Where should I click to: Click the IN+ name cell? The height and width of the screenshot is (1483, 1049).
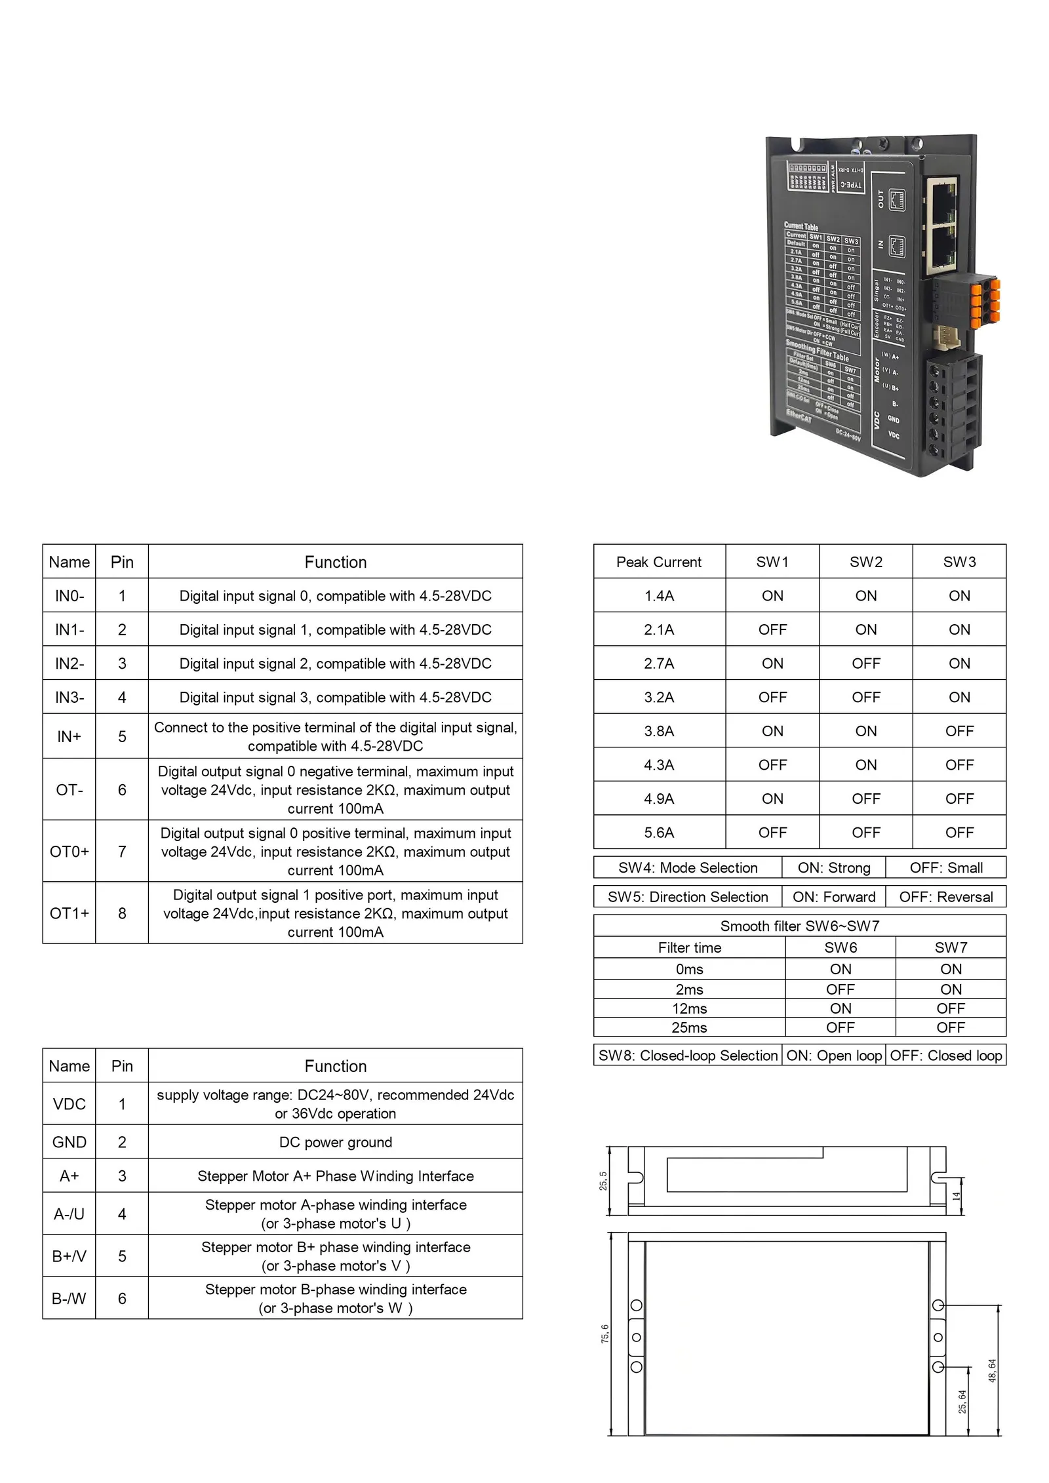(x=69, y=736)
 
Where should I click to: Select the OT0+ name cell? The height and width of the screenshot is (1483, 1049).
(x=69, y=852)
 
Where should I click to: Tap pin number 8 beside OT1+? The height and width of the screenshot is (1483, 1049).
(x=122, y=913)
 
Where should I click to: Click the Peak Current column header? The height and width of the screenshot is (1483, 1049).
(x=658, y=562)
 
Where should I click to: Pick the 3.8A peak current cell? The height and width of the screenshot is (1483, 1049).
(x=658, y=731)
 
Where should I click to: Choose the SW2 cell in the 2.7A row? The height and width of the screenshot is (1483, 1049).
(x=865, y=663)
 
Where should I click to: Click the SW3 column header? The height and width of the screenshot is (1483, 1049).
(x=959, y=562)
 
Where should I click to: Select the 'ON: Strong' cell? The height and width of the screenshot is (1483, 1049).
(x=833, y=868)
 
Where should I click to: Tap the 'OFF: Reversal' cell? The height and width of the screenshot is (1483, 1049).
(x=945, y=897)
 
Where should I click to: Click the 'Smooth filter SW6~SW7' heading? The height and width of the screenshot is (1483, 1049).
(x=799, y=926)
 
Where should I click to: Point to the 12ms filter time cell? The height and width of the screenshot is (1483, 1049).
(x=689, y=1008)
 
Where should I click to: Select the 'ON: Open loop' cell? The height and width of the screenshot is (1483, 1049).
(x=833, y=1056)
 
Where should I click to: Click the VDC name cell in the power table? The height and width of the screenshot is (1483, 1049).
(x=69, y=1104)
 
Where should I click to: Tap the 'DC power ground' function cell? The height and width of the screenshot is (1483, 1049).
(x=335, y=1142)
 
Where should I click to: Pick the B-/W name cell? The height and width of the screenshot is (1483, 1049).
(x=69, y=1298)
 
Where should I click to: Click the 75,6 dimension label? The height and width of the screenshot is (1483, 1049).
(x=604, y=1334)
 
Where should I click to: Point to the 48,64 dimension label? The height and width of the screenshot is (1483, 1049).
(x=992, y=1370)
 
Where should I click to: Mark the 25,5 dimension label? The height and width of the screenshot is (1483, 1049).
(x=603, y=1181)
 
